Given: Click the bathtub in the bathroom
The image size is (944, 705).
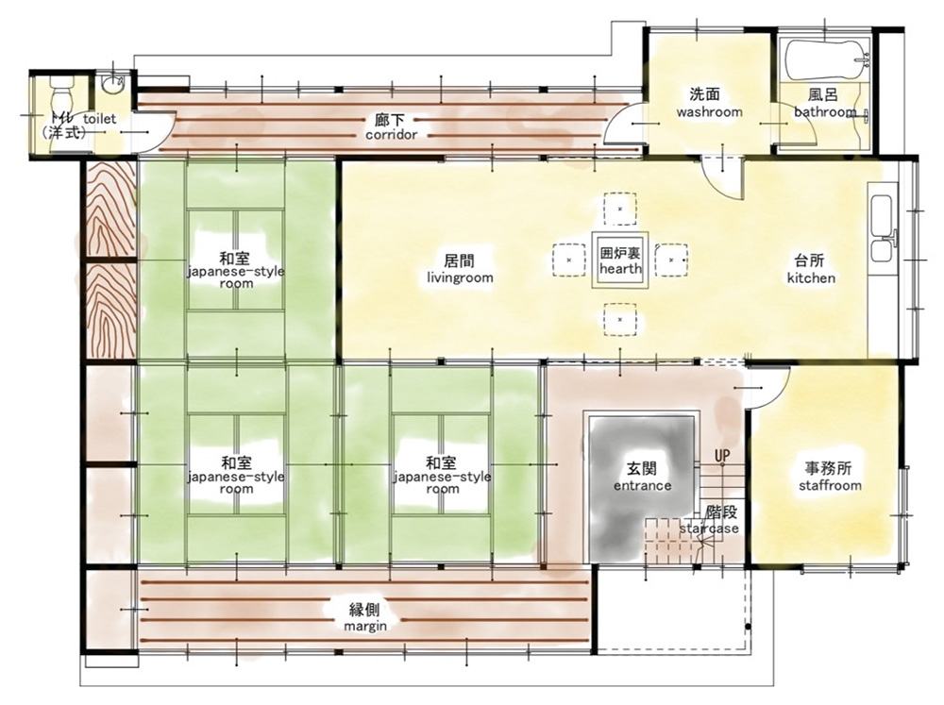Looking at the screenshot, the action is pos(827,59).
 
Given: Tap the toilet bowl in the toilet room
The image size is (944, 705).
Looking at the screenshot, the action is pos(60,92).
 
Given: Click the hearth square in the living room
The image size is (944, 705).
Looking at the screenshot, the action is pos(620,260).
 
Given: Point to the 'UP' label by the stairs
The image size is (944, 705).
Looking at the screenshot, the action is pos(722,455).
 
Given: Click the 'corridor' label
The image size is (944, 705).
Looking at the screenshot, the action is pos(392,134).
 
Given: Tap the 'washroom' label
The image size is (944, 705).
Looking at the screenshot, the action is pos(709,112).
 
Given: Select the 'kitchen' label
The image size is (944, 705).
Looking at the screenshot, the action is pos(811,277).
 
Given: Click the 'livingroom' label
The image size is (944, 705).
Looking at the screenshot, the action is pos(460,277).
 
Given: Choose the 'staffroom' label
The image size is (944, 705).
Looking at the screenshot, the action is pos(830,485).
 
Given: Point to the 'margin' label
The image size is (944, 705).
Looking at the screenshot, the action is pos(364,626).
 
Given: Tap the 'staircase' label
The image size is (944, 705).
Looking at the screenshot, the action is pos(709,528).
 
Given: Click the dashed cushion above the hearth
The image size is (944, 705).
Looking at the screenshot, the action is pos(620,209).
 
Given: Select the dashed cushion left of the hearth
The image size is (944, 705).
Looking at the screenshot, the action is pos(569,260).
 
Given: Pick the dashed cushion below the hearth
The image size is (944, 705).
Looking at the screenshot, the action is pos(620,320).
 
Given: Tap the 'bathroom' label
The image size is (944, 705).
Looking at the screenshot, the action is pos(825,112).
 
